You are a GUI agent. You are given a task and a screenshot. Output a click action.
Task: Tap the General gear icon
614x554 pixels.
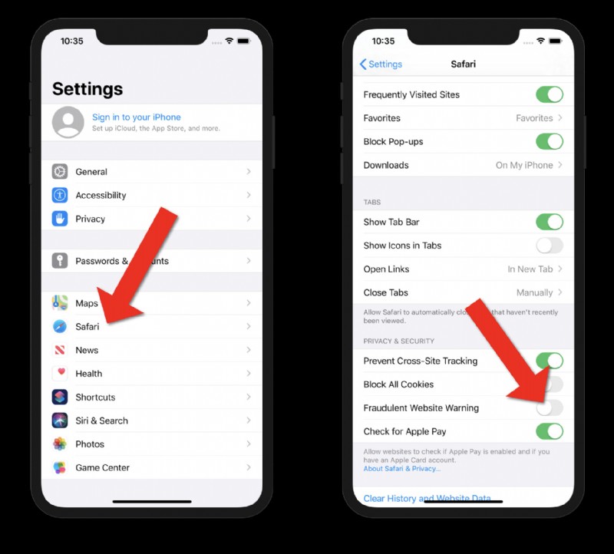point(60,172)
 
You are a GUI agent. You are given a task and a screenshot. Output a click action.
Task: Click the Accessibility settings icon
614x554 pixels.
point(60,196)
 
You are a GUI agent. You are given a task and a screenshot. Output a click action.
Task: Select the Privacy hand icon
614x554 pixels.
point(60,219)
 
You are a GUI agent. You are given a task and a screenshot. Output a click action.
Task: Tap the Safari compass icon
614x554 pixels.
point(60,327)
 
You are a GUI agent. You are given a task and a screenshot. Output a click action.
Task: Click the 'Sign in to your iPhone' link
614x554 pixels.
point(136,117)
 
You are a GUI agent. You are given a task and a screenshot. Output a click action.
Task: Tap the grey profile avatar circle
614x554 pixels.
point(68,122)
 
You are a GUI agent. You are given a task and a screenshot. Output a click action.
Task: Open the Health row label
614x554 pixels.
point(88,374)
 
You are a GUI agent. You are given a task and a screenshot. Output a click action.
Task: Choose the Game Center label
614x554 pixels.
point(102,467)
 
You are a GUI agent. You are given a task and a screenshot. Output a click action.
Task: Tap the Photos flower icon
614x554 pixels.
point(60,444)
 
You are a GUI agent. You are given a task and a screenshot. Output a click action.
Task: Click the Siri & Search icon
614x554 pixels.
point(60,420)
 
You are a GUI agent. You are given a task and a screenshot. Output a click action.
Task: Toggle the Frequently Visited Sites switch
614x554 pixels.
point(549,94)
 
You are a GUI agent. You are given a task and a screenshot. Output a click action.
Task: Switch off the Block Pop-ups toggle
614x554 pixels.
point(549,142)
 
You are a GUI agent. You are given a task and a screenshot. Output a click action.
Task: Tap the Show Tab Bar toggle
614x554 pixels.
point(549,223)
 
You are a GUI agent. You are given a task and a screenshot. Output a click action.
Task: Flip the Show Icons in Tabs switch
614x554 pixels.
point(549,246)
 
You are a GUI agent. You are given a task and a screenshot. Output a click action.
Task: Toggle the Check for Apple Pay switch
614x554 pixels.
point(549,431)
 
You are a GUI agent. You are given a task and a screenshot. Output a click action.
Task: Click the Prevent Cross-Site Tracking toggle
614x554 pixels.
point(549,361)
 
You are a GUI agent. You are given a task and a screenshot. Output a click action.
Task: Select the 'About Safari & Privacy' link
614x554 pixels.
point(401,469)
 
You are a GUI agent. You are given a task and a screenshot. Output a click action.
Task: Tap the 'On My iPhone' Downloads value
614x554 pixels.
point(524,165)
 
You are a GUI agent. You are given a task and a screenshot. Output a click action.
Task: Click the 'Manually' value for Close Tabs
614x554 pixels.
point(534,292)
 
